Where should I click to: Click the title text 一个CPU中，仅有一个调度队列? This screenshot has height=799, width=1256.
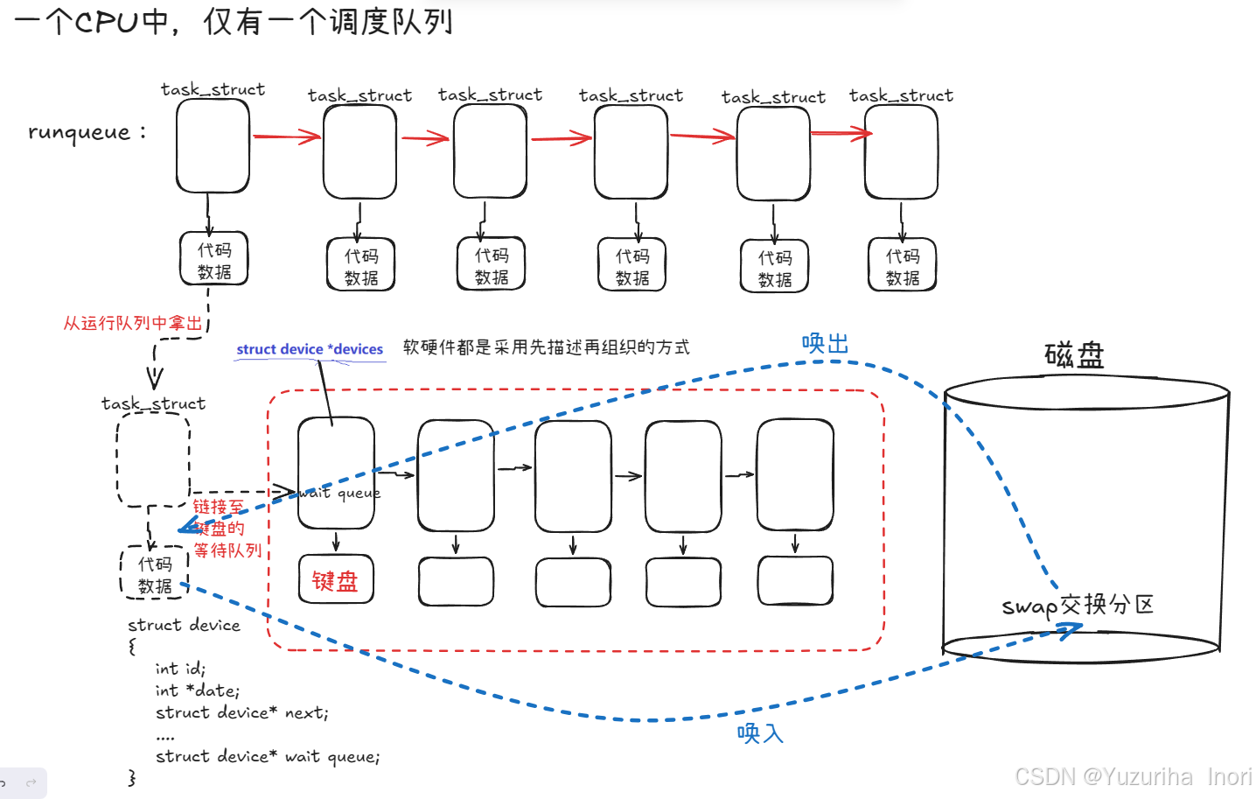point(234,21)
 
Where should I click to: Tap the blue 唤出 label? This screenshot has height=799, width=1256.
point(825,344)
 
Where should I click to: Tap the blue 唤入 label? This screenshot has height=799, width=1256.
point(759,732)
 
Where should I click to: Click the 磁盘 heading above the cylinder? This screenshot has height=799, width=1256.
point(1074,355)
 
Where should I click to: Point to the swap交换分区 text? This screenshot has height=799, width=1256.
point(1078,605)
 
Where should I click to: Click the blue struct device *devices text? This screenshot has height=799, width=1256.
point(310,349)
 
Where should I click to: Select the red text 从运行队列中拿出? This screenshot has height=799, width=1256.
point(133,323)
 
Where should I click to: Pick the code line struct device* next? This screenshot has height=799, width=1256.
point(241,712)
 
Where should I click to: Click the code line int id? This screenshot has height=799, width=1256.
point(180,669)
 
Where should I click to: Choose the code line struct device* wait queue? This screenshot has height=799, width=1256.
point(267,756)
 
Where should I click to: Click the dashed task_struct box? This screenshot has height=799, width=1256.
point(153,459)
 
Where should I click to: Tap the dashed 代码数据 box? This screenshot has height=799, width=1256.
point(155,574)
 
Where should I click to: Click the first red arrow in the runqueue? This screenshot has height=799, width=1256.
point(286,137)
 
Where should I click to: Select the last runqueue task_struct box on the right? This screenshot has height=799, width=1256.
point(901,151)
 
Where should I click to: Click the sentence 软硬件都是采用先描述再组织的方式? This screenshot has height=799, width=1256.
point(546,347)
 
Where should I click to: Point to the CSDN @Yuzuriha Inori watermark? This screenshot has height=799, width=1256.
point(1133,776)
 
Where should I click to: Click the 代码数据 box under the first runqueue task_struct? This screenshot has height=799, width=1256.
point(214,260)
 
